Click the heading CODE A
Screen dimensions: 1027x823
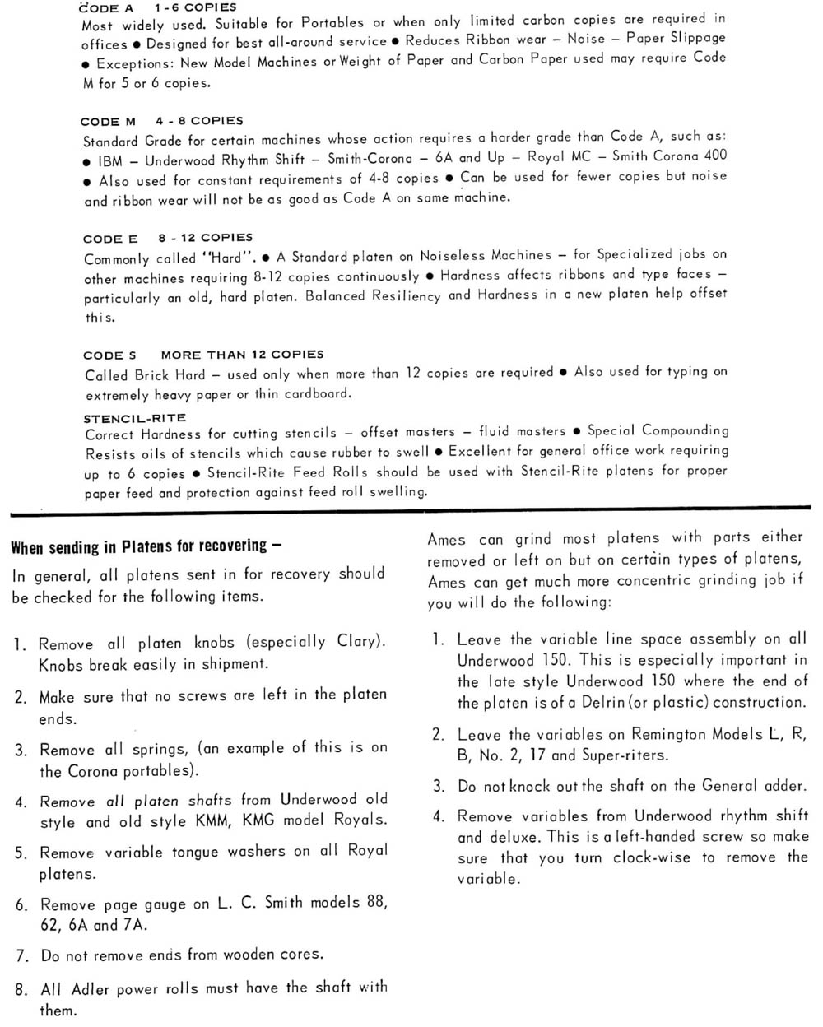coord(106,7)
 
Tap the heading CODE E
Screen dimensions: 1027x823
coord(111,239)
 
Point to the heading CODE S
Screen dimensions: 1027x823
coord(109,355)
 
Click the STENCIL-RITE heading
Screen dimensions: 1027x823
coord(135,418)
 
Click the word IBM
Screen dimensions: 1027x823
coord(109,160)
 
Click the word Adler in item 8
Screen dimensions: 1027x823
coord(91,988)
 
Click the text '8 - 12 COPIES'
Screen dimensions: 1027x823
coord(206,238)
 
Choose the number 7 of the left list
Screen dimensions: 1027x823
coord(21,956)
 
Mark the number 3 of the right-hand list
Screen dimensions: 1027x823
coord(439,786)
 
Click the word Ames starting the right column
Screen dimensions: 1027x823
coord(446,540)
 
